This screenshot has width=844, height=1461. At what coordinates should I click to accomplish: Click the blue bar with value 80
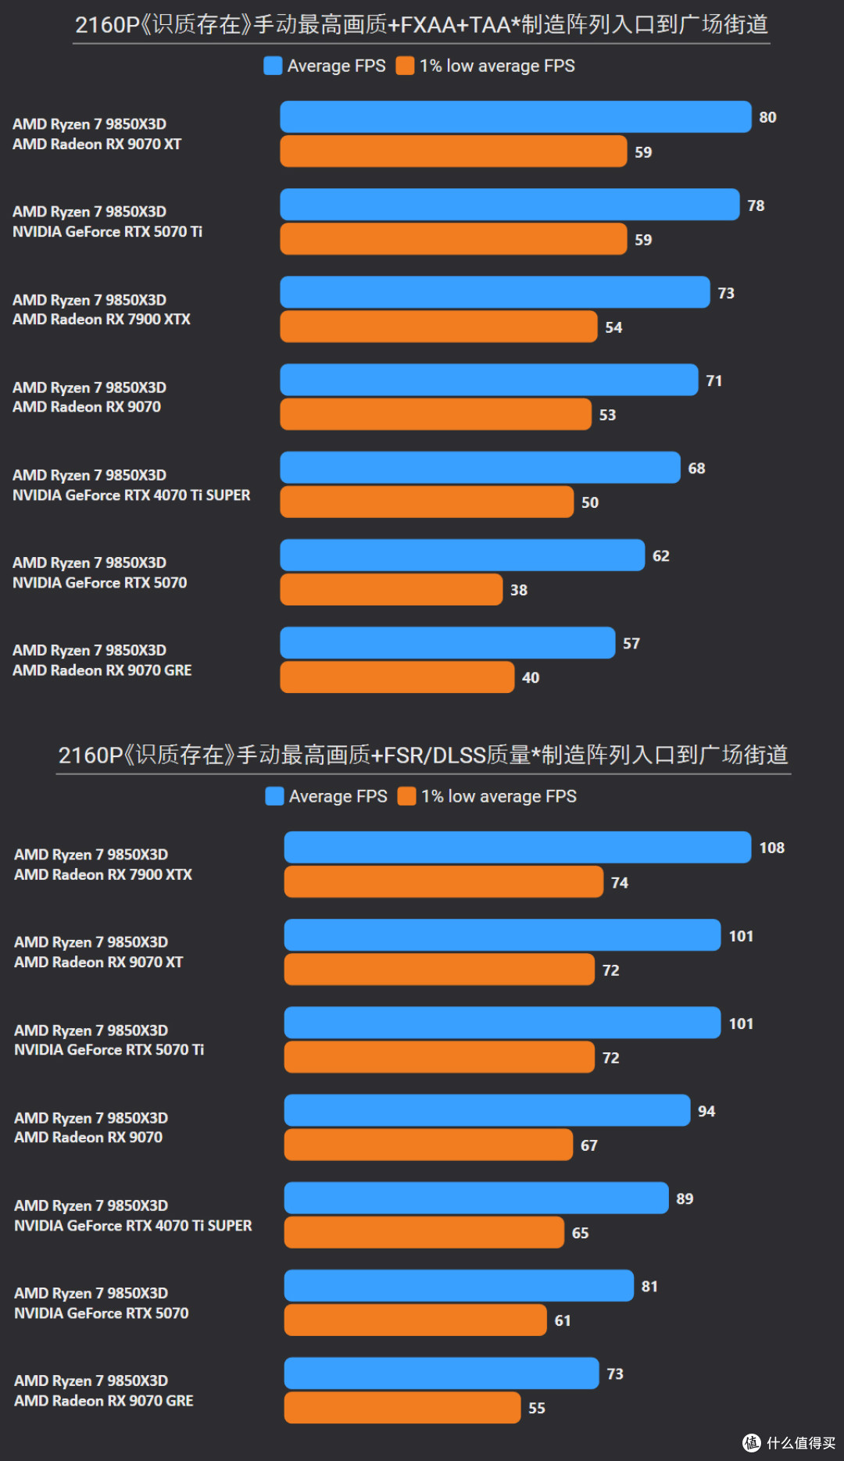(x=516, y=117)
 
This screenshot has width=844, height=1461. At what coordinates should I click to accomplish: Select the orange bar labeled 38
(x=392, y=590)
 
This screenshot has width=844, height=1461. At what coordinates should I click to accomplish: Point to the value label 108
(x=772, y=848)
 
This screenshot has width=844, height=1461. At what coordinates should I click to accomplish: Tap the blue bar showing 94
(x=488, y=1110)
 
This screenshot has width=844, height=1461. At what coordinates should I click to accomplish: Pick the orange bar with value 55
(x=402, y=1408)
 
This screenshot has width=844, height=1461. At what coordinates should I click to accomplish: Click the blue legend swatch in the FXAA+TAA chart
(x=273, y=66)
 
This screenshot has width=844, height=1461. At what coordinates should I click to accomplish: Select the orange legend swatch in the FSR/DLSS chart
(x=406, y=796)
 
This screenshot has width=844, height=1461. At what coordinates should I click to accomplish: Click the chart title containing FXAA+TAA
(x=421, y=25)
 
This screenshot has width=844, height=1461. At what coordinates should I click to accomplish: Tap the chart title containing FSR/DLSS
(x=423, y=756)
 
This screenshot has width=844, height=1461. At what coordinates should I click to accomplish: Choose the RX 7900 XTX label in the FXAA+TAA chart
(x=102, y=320)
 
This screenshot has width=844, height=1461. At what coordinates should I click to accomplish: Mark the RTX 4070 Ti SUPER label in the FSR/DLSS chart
(x=133, y=1226)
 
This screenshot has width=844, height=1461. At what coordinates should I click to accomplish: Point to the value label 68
(x=697, y=469)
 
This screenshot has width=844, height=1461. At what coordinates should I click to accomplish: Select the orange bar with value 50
(x=427, y=502)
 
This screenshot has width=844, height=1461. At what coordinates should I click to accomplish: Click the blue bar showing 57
(x=448, y=643)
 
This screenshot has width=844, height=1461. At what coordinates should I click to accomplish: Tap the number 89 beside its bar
(x=685, y=1199)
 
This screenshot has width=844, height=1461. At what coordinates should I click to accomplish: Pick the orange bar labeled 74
(x=444, y=882)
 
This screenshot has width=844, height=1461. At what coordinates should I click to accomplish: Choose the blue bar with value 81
(x=460, y=1285)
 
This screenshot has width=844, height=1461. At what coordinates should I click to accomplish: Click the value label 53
(x=608, y=416)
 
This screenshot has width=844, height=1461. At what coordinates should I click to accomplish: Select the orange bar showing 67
(x=429, y=1145)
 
